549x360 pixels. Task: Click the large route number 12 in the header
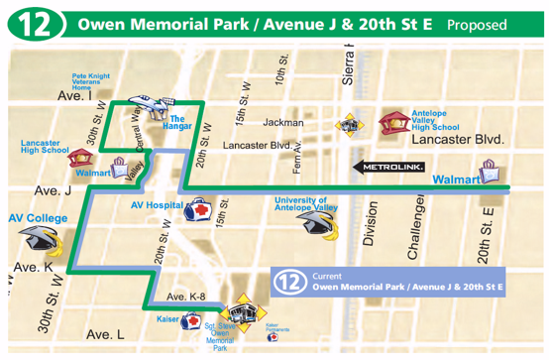coord(34,24)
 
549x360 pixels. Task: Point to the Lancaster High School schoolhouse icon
coord(77,158)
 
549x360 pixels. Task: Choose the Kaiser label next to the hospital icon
coord(167,319)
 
